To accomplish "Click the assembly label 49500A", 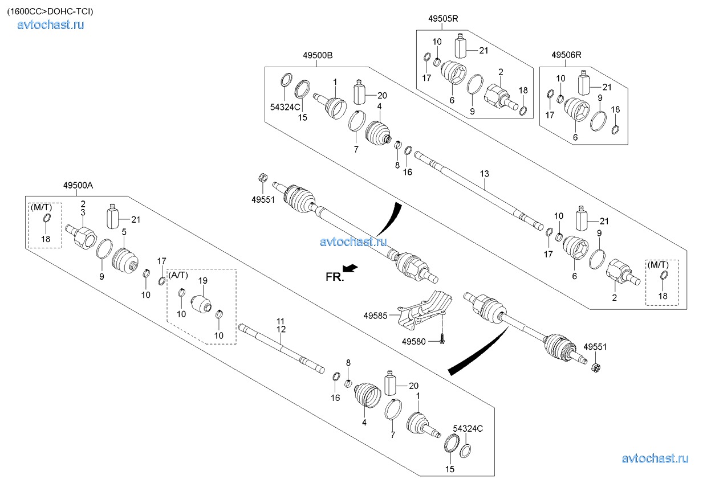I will pos(79,185).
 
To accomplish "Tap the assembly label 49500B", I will pos(318,55).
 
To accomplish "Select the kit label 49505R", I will pos(443,19).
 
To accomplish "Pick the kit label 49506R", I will pos(566,55).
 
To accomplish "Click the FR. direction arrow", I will pos(351,268).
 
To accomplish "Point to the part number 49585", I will pos(375,314).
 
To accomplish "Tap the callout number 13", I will pos(485,173).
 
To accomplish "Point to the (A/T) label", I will pos(179,275).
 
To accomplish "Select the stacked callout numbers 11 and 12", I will pos(281,325).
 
